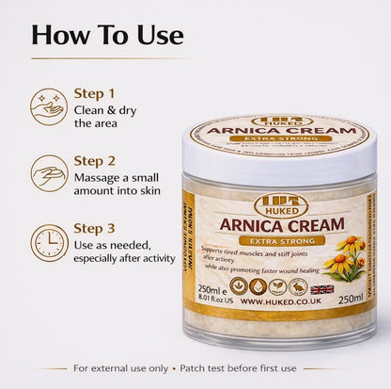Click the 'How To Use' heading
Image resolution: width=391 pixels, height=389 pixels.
(x=106, y=35)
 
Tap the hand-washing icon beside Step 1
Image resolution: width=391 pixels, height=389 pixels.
(x=49, y=106)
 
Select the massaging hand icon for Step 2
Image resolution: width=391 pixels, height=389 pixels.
(x=49, y=173)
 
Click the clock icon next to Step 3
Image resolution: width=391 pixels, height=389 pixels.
(x=49, y=241)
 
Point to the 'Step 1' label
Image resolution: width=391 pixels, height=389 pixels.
(x=94, y=93)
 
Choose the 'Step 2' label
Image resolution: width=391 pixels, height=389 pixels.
(x=94, y=161)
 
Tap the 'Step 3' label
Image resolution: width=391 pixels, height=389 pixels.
(x=94, y=229)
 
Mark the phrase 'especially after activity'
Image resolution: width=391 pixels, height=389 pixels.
(x=125, y=258)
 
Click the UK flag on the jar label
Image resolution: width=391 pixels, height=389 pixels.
(x=321, y=290)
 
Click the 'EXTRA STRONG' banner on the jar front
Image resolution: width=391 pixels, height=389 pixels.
(x=280, y=239)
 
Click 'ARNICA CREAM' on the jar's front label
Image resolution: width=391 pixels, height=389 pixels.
(x=281, y=224)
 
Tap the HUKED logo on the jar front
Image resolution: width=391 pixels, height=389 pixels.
(x=280, y=205)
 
